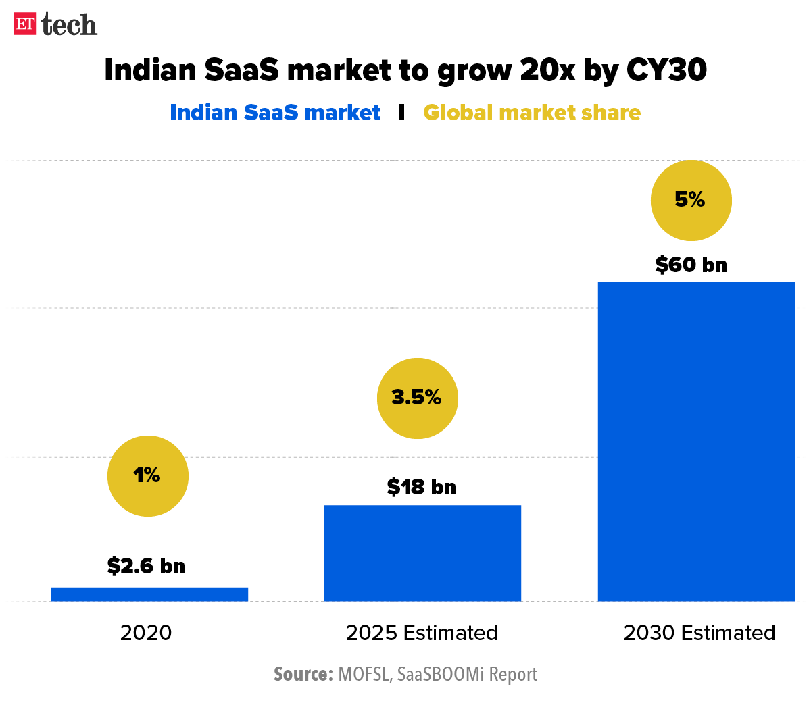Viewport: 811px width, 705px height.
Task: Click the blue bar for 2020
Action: pyautogui.click(x=149, y=594)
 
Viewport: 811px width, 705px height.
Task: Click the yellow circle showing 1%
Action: pyautogui.click(x=148, y=476)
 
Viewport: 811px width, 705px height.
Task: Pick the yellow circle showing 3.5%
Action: pyautogui.click(x=417, y=398)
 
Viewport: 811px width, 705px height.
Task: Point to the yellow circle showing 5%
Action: pyautogui.click(x=691, y=201)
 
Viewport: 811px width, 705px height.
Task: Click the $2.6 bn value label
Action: pyautogui.click(x=146, y=566)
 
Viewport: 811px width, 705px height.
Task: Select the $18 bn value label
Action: pyautogui.click(x=422, y=487)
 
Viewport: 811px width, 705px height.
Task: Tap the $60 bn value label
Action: pyautogui.click(x=691, y=265)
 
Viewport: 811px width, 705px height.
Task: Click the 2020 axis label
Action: pyautogui.click(x=146, y=633)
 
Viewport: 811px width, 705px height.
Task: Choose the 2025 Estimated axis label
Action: pyautogui.click(x=422, y=633)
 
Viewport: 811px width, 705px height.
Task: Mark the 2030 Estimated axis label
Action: pyautogui.click(x=699, y=633)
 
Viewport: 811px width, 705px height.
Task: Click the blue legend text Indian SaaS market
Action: pyautogui.click(x=275, y=113)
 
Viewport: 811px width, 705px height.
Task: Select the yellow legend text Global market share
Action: pyautogui.click(x=532, y=113)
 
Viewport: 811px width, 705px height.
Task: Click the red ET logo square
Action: pyautogui.click(x=25, y=24)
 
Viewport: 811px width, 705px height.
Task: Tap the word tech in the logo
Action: pyautogui.click(x=69, y=25)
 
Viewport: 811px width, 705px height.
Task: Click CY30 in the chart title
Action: pyautogui.click(x=666, y=70)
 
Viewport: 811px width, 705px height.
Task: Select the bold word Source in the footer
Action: pyautogui.click(x=303, y=674)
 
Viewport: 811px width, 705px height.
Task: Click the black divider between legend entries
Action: pyautogui.click(x=402, y=113)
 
